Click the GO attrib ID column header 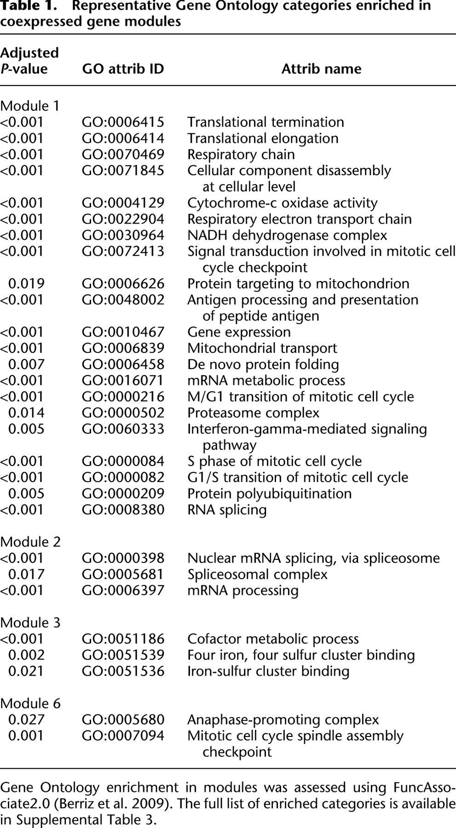123,69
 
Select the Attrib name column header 321,69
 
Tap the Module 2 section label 30,542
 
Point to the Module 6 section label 30,703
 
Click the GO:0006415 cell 123,122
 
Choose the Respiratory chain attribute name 241,155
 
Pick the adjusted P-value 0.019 26,284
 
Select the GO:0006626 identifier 123,284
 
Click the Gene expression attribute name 239,333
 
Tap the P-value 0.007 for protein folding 26,365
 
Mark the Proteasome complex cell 253,413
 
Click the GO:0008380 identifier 123,510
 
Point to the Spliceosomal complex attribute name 257,575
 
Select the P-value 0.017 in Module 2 26,575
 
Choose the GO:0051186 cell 123,639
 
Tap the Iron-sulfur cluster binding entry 268,671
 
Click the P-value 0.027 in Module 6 26,720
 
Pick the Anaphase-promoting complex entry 283,720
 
